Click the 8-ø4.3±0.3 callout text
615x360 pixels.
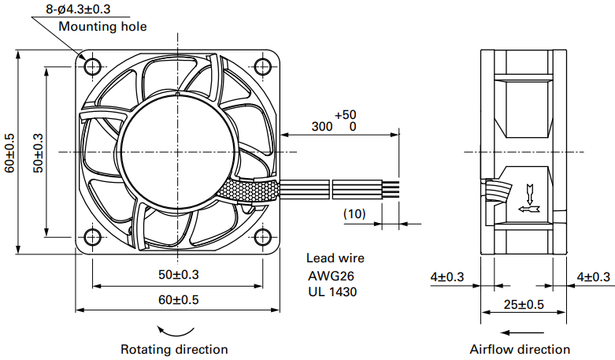pos(78,9)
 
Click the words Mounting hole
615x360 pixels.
pos(102,27)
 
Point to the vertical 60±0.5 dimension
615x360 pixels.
pos(9,152)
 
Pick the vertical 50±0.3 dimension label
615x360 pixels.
pos(37,152)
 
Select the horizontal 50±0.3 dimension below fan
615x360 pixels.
pos(179,274)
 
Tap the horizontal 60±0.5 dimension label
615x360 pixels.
pos(179,299)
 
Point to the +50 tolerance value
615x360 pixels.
pos(345,115)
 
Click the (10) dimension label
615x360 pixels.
pos(354,213)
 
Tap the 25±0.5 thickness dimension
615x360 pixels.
pos(524,304)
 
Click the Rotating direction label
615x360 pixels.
pos(174,349)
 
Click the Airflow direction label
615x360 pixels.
pos(520,349)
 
